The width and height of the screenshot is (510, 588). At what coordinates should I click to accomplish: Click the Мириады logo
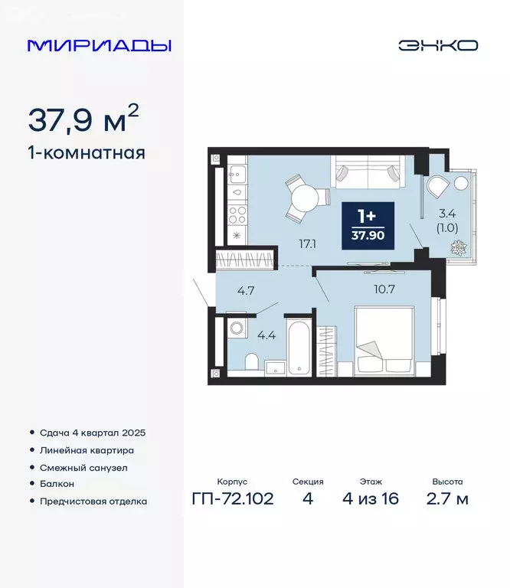[100, 45]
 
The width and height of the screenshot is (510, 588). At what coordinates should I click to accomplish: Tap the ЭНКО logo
[437, 45]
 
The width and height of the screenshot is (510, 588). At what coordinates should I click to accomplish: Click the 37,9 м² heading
[83, 119]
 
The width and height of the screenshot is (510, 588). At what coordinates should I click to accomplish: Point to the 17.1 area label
[308, 243]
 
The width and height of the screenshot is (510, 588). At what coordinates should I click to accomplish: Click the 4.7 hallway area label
[245, 291]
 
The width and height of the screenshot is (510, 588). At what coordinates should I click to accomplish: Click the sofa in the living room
[368, 171]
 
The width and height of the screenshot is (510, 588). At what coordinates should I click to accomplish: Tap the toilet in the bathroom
[251, 363]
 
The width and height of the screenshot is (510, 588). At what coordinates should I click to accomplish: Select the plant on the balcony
[460, 248]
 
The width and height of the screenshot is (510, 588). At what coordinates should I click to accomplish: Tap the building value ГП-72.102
[233, 499]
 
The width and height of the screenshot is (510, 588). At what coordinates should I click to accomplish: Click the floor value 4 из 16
[371, 499]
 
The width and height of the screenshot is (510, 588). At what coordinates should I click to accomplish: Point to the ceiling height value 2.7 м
[446, 499]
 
